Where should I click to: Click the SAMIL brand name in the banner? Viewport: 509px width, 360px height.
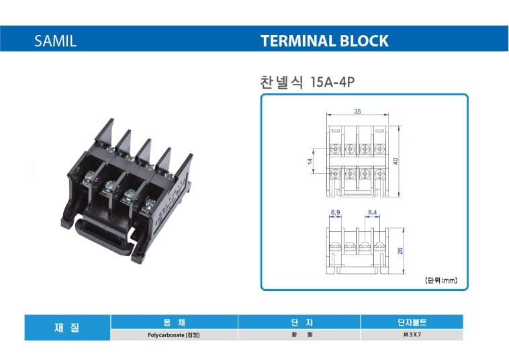56,40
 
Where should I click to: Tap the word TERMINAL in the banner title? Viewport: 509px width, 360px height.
298,40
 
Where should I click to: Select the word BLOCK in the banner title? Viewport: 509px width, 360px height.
364,40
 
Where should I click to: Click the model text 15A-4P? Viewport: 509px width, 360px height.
332,82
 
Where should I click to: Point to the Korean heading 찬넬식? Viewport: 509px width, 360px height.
281,82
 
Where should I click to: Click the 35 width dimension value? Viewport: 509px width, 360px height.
357,111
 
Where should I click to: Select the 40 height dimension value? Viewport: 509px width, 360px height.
396,161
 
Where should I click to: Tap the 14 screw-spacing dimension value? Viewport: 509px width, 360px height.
310,161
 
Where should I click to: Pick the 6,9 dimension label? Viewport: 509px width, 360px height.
335,212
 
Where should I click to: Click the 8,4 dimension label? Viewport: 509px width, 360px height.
372,212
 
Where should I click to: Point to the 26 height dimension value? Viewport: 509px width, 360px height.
400,251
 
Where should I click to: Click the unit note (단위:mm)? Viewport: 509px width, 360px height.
441,280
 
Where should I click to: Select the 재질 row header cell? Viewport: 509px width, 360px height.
67,328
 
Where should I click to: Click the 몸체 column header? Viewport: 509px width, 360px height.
175,322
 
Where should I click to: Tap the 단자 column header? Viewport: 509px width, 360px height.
299,322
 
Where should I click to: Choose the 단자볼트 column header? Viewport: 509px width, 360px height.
412,322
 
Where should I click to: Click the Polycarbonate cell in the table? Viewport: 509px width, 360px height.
174,335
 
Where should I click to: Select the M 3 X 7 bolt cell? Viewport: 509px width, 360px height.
412,334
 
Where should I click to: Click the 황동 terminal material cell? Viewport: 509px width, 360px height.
299,334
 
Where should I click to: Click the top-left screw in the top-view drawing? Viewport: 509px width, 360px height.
334,149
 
